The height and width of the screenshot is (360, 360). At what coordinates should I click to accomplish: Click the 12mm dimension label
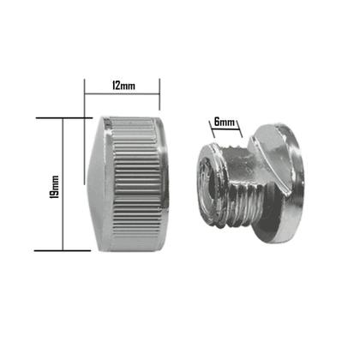pos(123,86)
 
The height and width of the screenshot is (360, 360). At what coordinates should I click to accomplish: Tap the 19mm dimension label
pos(54,187)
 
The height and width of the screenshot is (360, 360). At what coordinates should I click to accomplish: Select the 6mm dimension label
pos(225,123)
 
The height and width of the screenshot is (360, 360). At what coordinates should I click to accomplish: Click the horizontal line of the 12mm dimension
pos(122,93)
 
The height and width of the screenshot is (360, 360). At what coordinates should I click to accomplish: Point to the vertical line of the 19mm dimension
pos(63,184)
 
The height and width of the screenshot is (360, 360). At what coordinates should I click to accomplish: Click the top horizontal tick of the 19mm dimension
pos(63,118)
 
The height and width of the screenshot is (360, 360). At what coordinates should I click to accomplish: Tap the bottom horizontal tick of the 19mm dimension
pos(63,251)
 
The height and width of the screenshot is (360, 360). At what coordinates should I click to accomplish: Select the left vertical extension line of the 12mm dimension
pos(85,131)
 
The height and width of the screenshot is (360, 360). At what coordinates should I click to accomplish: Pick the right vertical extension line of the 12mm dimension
pos(159,94)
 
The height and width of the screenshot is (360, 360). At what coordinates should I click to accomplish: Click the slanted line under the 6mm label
pos(225,129)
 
